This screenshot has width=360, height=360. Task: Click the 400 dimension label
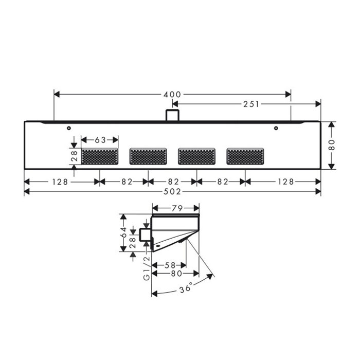click(x=172, y=94)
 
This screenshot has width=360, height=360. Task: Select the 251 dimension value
click(x=251, y=104)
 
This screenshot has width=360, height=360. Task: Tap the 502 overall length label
click(x=172, y=191)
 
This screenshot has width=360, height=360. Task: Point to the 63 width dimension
click(x=100, y=140)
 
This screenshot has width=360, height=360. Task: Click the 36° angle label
click(x=186, y=287)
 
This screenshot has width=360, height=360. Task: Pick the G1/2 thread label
click(x=146, y=268)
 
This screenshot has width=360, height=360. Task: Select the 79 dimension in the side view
click(x=177, y=208)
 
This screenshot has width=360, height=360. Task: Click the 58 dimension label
click(x=170, y=265)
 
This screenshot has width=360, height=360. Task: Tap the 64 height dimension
click(x=123, y=232)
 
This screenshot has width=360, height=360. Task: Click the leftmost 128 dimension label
click(x=60, y=182)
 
